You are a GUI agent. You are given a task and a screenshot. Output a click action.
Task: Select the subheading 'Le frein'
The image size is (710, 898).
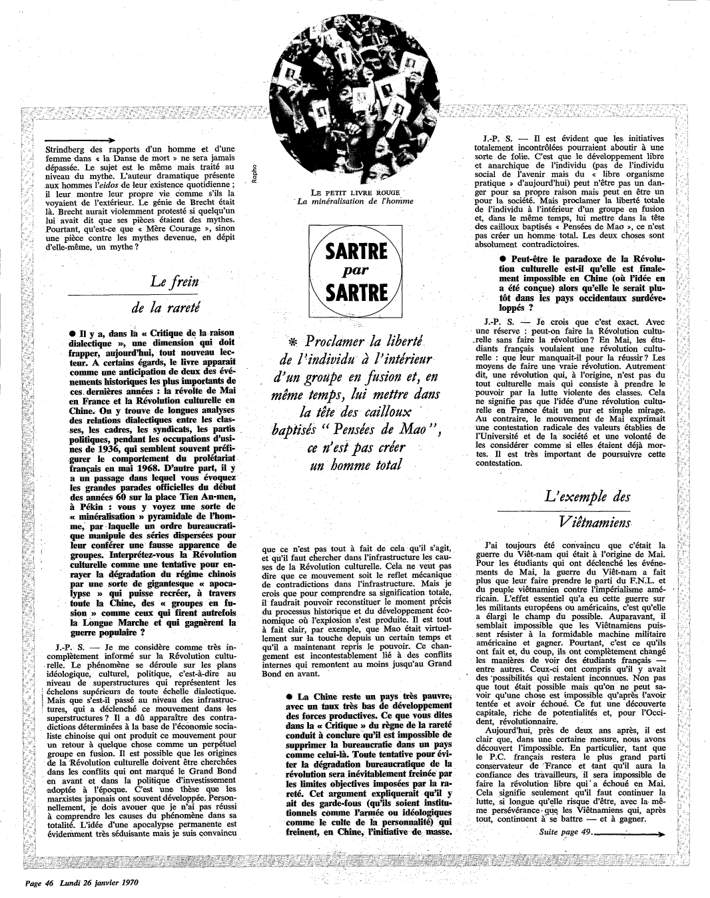point(175,281)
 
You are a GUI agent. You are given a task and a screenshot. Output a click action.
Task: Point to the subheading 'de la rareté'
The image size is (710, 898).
point(166,307)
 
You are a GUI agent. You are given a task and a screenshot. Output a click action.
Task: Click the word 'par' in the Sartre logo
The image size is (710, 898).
point(355,271)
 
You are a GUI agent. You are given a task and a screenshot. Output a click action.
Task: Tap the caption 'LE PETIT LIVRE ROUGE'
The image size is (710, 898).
point(351,192)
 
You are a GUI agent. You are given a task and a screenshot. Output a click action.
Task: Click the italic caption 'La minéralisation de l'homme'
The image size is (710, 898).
point(352,202)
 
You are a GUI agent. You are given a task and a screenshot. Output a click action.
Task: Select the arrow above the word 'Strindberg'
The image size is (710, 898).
point(77,140)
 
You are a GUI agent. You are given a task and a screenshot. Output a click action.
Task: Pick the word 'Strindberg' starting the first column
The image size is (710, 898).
point(65,149)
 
